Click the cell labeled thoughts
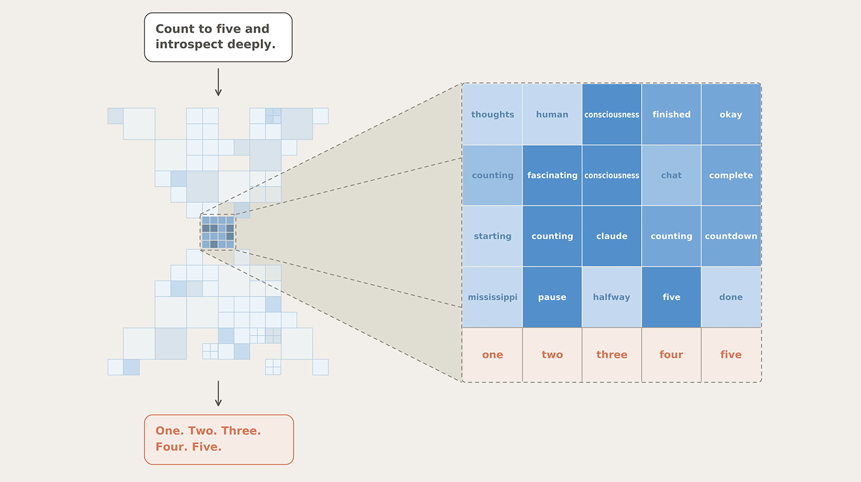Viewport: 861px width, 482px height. (493, 114)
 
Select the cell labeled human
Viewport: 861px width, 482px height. (552, 114)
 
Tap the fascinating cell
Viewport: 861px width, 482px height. (552, 175)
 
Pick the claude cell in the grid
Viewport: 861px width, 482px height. (611, 236)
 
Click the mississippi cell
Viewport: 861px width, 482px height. (493, 297)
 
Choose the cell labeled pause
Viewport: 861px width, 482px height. (552, 297)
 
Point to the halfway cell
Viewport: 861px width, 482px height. (611, 297)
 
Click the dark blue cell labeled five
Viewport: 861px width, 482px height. (671, 297)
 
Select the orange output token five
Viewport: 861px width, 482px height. (731, 354)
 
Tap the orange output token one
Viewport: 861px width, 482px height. (493, 354)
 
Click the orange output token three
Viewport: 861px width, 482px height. (611, 354)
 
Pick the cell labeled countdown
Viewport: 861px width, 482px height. (731, 236)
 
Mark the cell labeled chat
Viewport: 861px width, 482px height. (671, 175)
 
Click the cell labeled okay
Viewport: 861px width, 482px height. (731, 114)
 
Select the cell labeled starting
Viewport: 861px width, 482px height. (493, 236)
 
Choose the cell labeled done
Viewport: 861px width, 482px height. (731, 297)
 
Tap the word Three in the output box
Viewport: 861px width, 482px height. (241, 431)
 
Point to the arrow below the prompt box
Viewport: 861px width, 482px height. (218, 82)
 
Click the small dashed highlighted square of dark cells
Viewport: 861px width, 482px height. (218, 232)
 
